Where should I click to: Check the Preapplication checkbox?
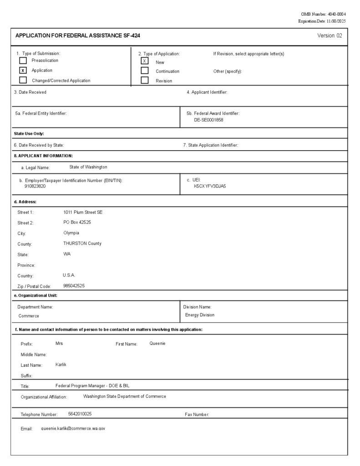(x=23, y=61)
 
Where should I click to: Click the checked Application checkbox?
(x=23, y=71)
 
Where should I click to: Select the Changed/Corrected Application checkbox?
(x=23, y=80)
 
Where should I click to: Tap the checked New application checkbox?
(x=145, y=61)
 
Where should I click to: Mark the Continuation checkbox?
(x=145, y=71)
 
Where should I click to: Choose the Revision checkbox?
(x=145, y=81)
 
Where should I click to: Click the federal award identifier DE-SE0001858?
(x=208, y=120)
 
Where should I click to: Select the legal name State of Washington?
(x=88, y=167)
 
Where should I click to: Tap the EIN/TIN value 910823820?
(x=35, y=186)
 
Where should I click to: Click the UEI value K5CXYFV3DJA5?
(x=210, y=186)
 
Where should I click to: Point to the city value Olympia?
(x=71, y=233)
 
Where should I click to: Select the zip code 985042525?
(x=74, y=286)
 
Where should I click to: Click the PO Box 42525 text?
(x=77, y=223)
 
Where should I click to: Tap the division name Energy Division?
(x=200, y=315)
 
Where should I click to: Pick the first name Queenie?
(x=157, y=344)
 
